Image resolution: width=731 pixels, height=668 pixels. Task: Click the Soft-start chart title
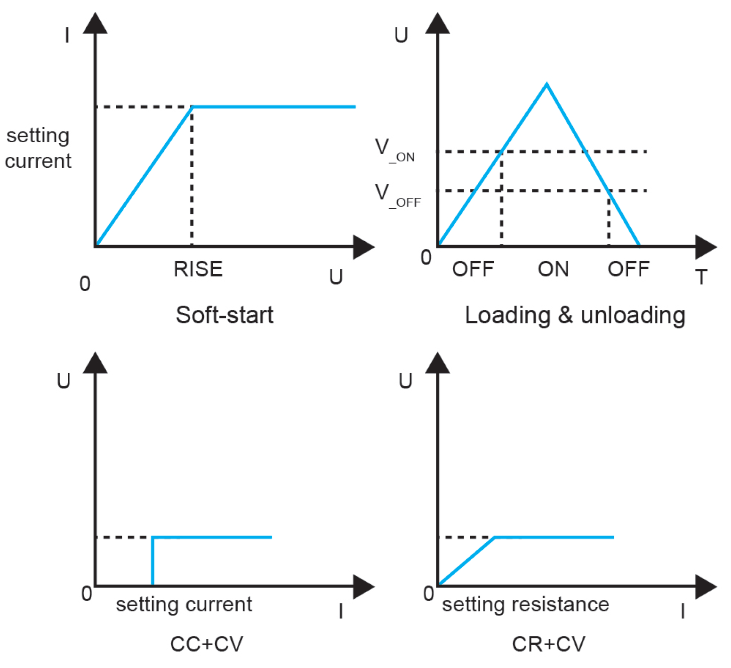click(225, 315)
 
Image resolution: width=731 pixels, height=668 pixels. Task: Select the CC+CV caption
click(207, 644)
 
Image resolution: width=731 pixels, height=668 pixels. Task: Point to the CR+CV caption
click(548, 644)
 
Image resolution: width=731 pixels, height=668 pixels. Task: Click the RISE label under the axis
click(198, 269)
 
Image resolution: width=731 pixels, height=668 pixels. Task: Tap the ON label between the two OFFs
click(553, 269)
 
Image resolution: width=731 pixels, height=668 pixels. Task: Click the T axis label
click(701, 277)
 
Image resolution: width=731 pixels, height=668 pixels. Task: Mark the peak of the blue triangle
click(546, 84)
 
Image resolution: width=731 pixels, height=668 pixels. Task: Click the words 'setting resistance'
click(525, 604)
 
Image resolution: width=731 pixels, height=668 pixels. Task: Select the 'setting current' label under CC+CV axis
click(184, 604)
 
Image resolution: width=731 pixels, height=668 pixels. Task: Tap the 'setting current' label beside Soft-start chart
click(38, 148)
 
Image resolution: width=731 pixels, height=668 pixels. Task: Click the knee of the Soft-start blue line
click(192, 107)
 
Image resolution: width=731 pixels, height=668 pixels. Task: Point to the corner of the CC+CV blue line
click(153, 537)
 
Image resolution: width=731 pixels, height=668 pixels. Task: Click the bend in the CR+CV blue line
click(495, 537)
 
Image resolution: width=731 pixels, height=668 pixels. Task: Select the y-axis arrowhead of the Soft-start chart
click(95, 24)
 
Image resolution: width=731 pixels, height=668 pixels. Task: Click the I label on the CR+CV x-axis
click(683, 611)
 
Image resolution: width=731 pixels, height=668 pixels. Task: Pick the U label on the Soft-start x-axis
click(336, 277)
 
